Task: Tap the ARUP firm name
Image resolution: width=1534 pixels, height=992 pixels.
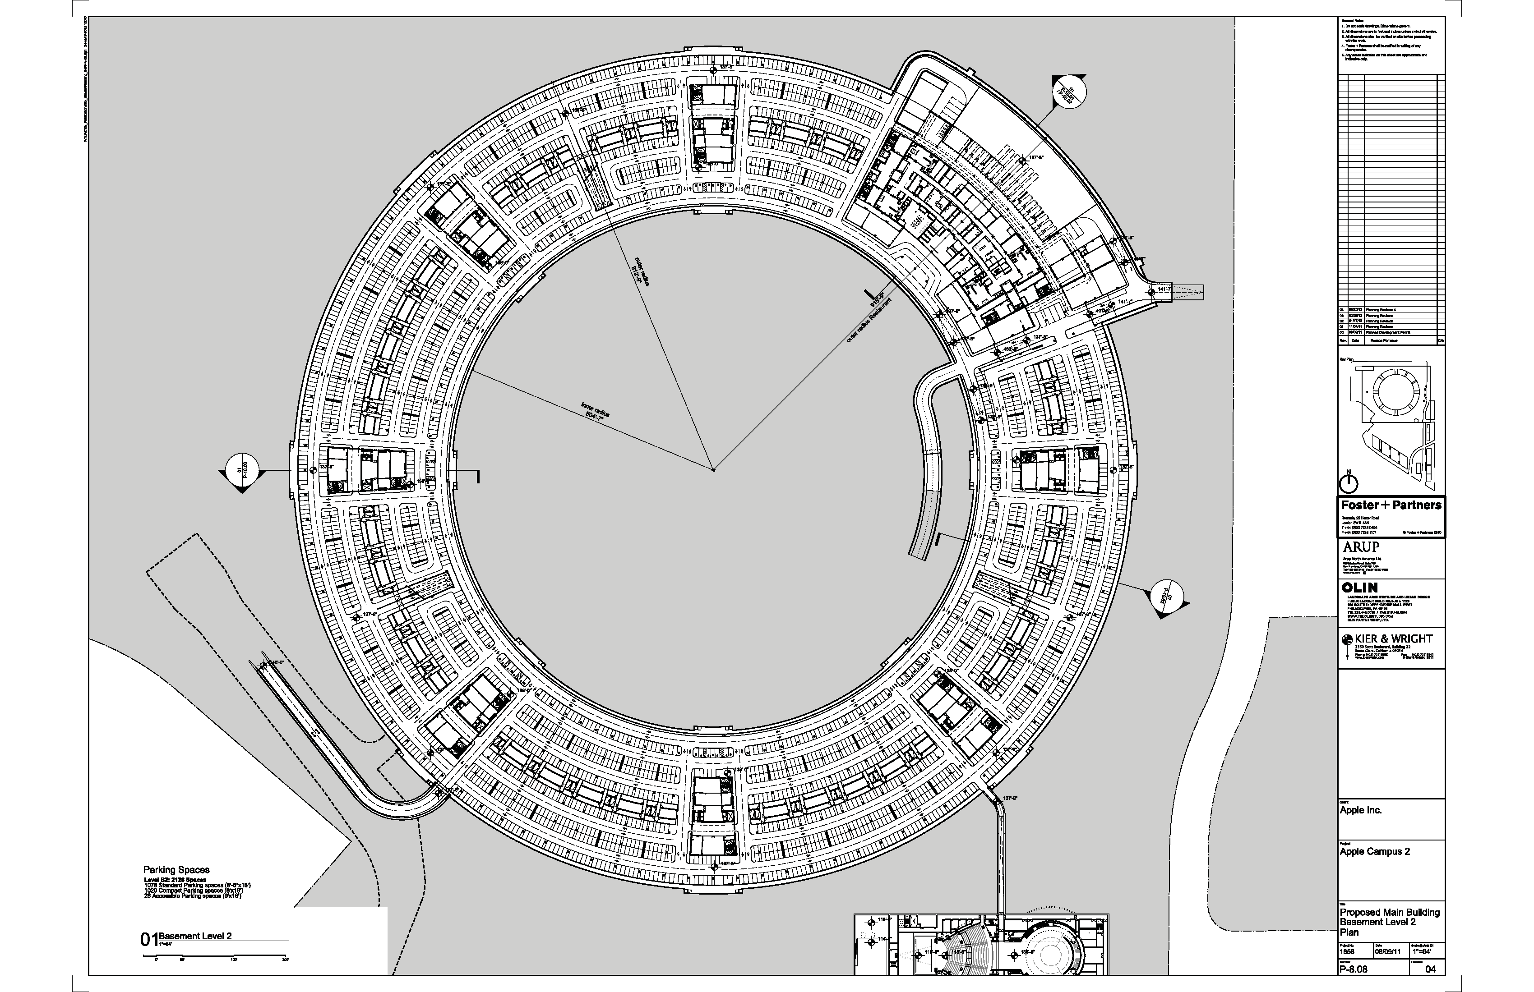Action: [1361, 547]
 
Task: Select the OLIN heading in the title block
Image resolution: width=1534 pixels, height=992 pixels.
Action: [1360, 588]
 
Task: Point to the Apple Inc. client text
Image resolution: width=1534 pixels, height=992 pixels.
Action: [1361, 810]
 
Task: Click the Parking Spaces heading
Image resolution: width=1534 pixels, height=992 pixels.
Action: [176, 870]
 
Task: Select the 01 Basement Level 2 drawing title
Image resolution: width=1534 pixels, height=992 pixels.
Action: [187, 938]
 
